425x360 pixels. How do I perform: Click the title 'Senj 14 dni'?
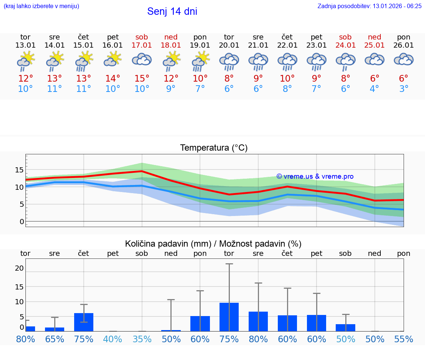tap(172, 11)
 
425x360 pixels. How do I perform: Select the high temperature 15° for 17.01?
tap(142, 79)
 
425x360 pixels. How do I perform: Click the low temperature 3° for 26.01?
tap(404, 89)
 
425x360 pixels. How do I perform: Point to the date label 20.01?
tap(229, 45)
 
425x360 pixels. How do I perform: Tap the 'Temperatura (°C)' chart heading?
tap(214, 148)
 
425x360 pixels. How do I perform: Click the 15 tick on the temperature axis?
tap(20, 170)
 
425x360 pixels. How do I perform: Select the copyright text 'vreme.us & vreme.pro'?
tap(315, 176)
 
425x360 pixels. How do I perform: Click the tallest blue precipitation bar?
tap(229, 317)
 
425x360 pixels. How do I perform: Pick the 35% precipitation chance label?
tap(142, 339)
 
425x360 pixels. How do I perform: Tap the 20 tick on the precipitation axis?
tap(20, 268)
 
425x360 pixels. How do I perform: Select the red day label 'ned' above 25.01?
tap(374, 37)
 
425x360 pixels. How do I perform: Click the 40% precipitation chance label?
tap(113, 339)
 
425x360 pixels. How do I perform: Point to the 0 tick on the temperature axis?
tap(22, 222)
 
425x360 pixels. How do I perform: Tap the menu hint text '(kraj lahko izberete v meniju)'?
tap(41, 6)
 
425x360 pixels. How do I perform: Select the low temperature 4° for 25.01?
tap(374, 89)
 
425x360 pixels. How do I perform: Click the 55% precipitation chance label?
tap(404, 339)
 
